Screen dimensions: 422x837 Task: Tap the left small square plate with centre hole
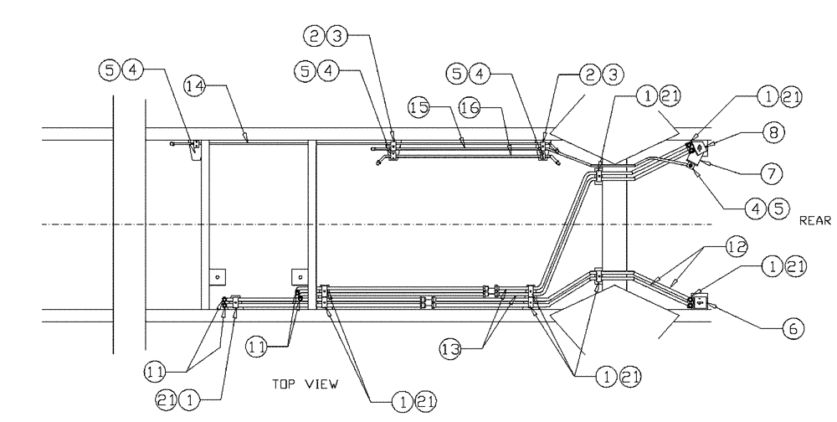tap(216, 275)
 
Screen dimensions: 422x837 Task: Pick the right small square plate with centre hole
tap(297, 275)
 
